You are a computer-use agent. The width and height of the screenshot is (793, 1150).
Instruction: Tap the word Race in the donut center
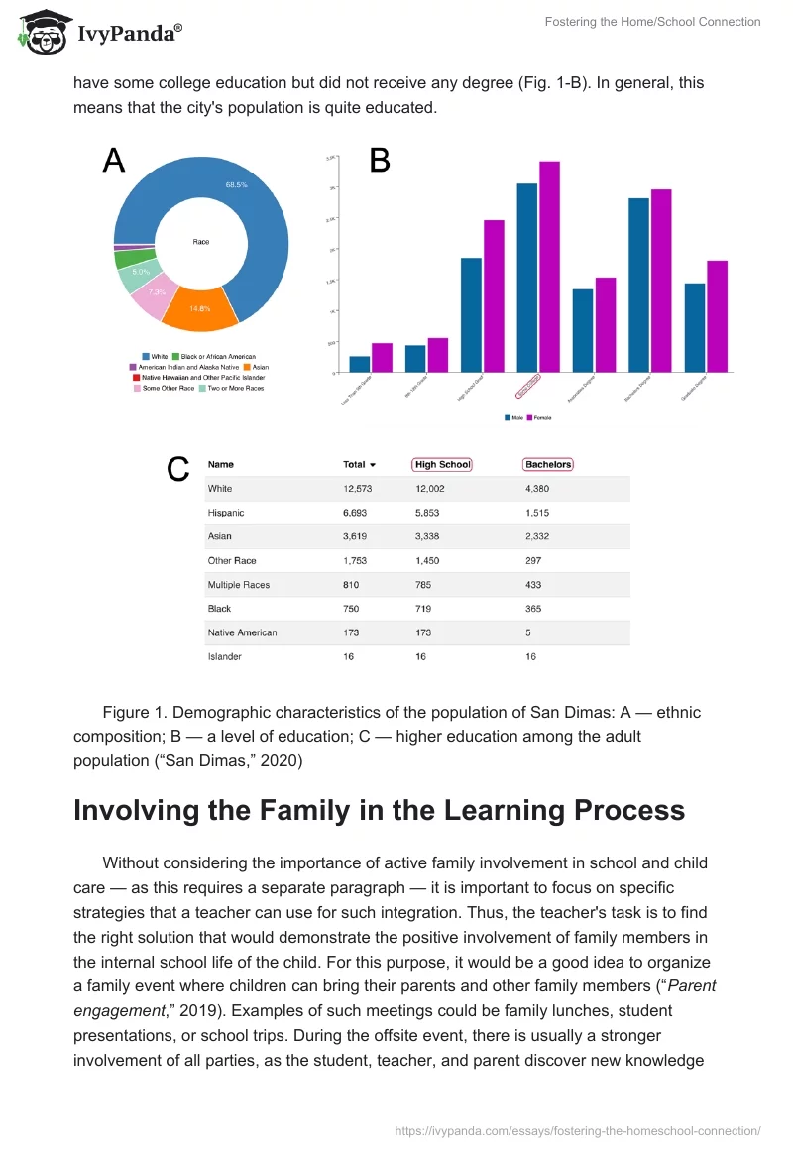tap(201, 242)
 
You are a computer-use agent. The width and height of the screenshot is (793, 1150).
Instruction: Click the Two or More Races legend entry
tap(234, 388)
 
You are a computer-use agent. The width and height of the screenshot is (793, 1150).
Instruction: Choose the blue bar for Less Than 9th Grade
tap(359, 364)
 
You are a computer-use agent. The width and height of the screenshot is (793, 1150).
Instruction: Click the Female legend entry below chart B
tap(540, 417)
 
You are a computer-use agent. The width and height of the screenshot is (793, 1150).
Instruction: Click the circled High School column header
tap(442, 464)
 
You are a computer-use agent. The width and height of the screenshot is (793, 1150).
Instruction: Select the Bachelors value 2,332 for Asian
tap(536, 536)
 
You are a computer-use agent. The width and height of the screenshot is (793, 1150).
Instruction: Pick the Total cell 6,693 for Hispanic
tap(355, 513)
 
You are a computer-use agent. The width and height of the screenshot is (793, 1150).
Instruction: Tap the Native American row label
tap(242, 632)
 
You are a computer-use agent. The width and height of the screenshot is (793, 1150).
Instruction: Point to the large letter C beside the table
tap(177, 469)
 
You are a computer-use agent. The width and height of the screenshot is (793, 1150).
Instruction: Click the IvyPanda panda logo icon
tap(41, 32)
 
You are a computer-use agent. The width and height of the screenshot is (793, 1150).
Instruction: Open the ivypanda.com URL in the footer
tap(578, 1129)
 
